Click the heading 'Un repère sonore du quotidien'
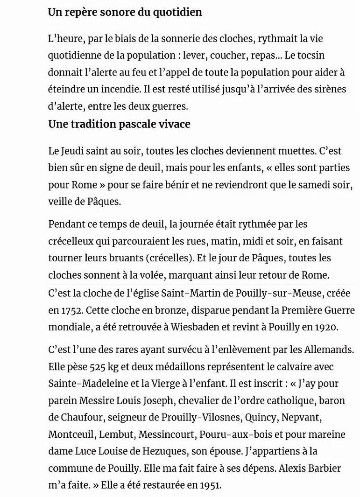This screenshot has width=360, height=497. (x=125, y=13)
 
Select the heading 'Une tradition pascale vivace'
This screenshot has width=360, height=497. (x=119, y=125)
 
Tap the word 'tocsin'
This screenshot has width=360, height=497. (x=310, y=56)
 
